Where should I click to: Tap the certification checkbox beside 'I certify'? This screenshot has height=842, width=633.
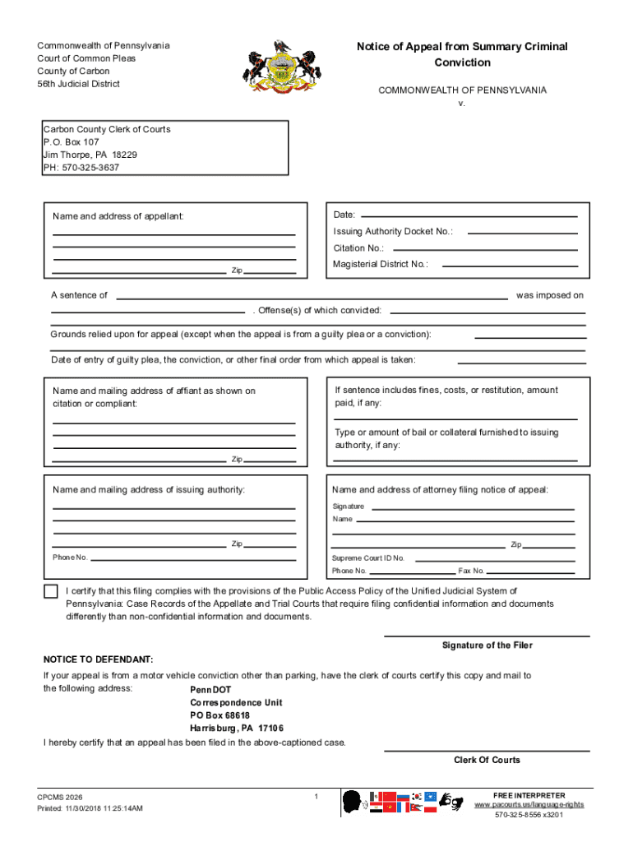click(51, 591)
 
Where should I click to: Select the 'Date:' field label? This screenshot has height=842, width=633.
click(344, 215)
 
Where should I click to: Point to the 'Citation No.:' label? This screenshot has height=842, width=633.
click(358, 248)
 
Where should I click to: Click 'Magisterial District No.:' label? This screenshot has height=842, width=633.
click(381, 264)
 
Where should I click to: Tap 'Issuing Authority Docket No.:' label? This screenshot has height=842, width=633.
click(393, 232)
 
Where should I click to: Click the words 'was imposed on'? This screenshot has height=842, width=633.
click(549, 295)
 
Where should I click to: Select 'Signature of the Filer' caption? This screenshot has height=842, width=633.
click(487, 645)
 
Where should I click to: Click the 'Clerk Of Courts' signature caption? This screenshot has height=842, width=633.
click(487, 760)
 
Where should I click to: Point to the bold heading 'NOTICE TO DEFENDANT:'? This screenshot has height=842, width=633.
click(98, 659)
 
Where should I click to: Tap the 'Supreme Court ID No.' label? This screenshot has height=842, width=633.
click(368, 557)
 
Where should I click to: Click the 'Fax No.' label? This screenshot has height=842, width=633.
click(472, 571)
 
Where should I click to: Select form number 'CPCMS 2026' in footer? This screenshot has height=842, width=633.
click(59, 798)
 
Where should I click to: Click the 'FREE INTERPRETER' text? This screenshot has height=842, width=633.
click(529, 795)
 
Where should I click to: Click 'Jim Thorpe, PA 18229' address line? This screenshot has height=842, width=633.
click(90, 155)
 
